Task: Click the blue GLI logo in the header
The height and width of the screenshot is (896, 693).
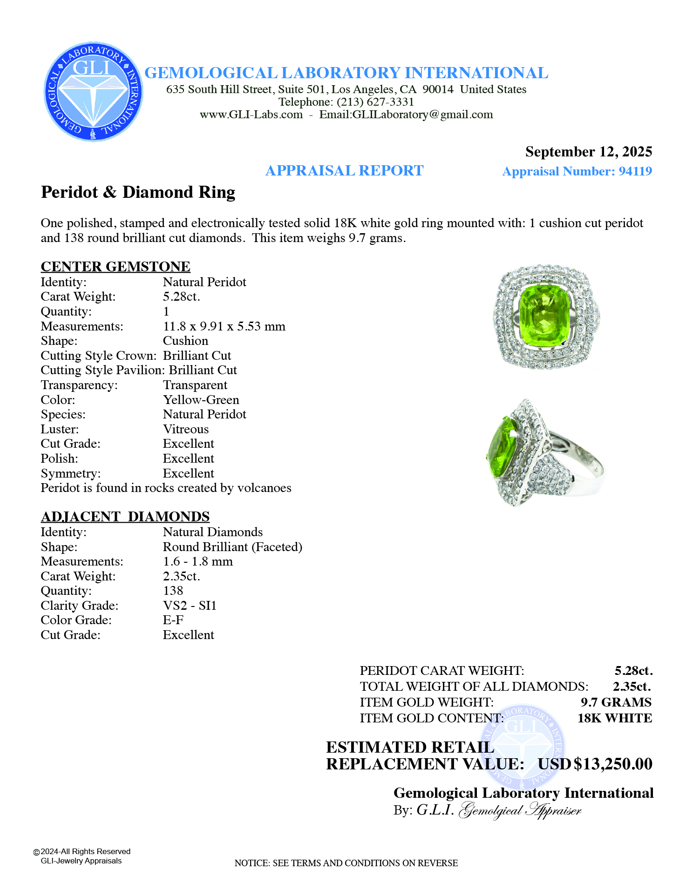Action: [93, 91]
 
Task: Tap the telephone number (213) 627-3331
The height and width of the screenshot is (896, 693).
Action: [375, 102]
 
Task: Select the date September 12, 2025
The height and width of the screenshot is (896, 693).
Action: [588, 152]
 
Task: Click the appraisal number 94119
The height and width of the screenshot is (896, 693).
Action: [635, 171]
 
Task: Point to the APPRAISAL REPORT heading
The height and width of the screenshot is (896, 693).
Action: [344, 171]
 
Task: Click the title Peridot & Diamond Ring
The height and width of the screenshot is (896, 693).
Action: [138, 192]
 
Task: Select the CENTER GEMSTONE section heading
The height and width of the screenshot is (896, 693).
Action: [115, 266]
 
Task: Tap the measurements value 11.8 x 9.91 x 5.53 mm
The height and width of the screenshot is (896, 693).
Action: [224, 326]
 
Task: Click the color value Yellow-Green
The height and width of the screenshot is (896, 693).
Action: [201, 400]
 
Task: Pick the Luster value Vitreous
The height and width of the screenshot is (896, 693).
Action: [185, 429]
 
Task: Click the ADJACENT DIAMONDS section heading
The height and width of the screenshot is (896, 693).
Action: [125, 517]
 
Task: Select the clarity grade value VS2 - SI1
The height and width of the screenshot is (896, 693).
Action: [190, 606]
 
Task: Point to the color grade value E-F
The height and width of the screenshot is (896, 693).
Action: [173, 620]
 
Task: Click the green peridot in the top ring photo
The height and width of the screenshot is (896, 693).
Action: [544, 316]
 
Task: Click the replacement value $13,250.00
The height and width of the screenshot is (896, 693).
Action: [612, 764]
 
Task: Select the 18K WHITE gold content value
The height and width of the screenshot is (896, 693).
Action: [614, 718]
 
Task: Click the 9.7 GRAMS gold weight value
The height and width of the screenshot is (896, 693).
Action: [616, 702]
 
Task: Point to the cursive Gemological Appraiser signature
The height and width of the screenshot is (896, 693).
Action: [520, 810]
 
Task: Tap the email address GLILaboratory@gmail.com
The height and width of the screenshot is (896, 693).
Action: [422, 115]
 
